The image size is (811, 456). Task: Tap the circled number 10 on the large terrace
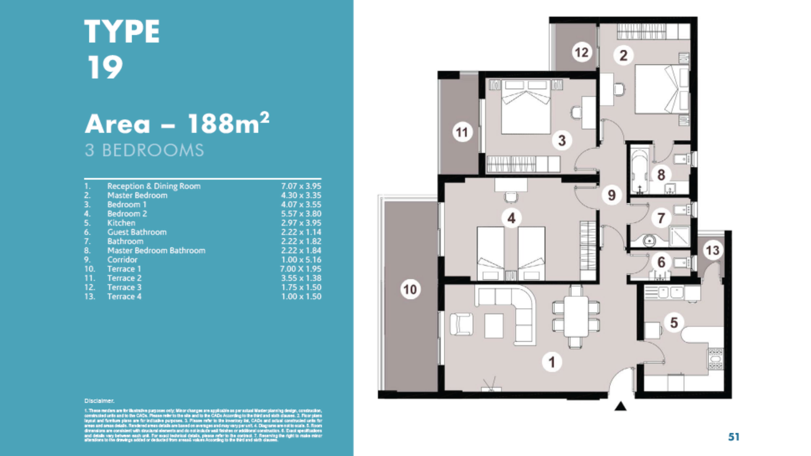(410, 289)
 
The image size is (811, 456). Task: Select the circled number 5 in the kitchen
(673, 322)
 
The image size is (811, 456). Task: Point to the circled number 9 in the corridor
(611, 195)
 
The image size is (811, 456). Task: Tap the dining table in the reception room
(576, 316)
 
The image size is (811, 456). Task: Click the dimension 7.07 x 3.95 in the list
(301, 186)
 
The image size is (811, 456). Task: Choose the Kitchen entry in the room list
(121, 223)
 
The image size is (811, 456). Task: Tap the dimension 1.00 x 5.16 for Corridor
(301, 260)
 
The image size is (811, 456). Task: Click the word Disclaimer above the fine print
(99, 401)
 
